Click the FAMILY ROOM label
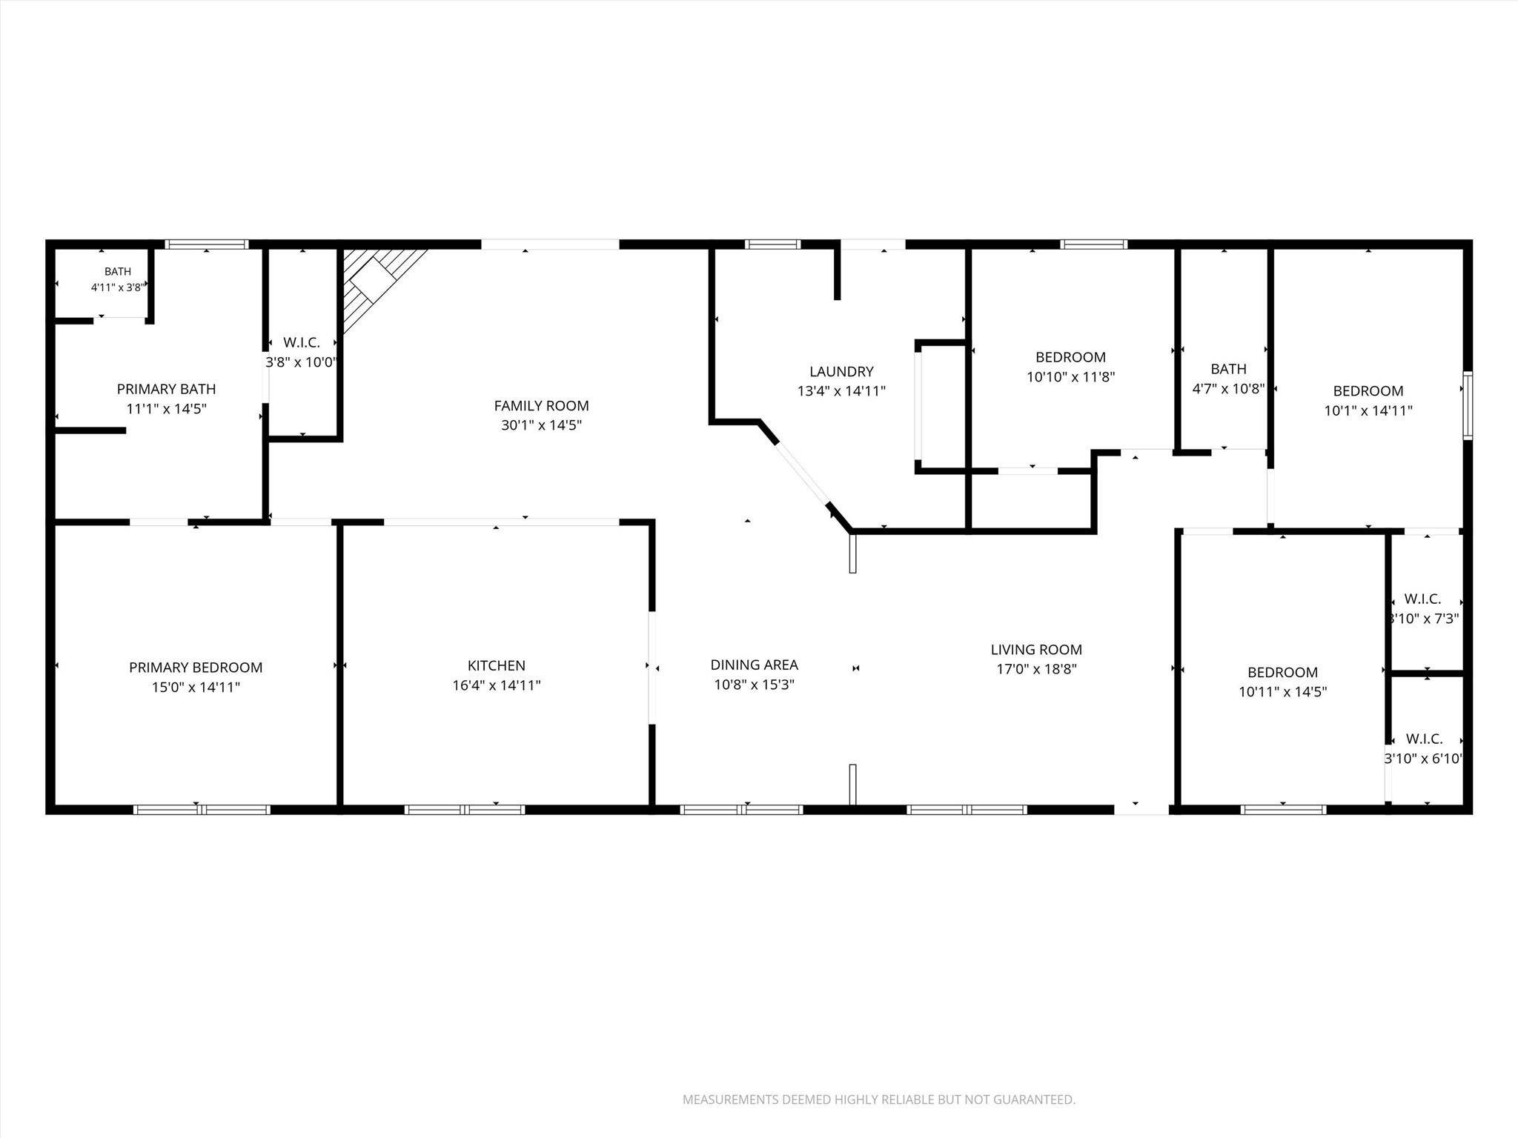pos(541,405)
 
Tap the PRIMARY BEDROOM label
pos(196,668)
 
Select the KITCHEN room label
pos(497,665)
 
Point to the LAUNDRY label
pos(841,371)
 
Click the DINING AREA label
pos(754,665)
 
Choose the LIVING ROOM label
pos(1036,650)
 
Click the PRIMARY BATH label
pos(166,389)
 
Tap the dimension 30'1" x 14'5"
pos(541,425)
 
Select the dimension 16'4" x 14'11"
pos(497,685)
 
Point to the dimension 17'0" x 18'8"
pos(1036,669)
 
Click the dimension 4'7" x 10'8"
pos(1228,388)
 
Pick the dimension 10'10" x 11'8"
pos(1070,376)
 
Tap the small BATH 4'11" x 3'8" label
pos(118,279)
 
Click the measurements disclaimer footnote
pos(879,1099)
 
